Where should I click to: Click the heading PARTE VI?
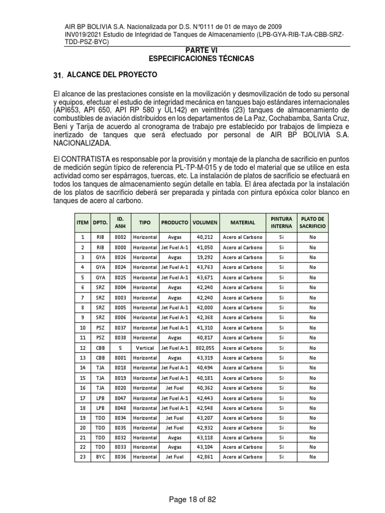point(201,51)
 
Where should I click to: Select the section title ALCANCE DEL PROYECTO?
point(112,75)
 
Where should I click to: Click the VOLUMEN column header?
point(205,222)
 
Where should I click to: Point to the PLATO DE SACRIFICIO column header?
point(312,222)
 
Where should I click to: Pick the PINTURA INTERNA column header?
point(281,222)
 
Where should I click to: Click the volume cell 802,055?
point(205,347)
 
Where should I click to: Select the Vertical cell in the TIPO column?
point(145,347)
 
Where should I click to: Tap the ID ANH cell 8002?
point(120,237)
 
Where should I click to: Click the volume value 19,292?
point(205,257)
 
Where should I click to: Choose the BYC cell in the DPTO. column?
point(100,457)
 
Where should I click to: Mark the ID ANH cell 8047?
point(120,397)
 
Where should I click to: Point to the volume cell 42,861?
point(205,457)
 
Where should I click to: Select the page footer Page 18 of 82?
point(193,499)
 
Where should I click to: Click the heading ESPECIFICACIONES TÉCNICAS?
point(201,59)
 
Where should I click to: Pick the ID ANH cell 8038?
point(120,337)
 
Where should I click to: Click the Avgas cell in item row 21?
point(175,437)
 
